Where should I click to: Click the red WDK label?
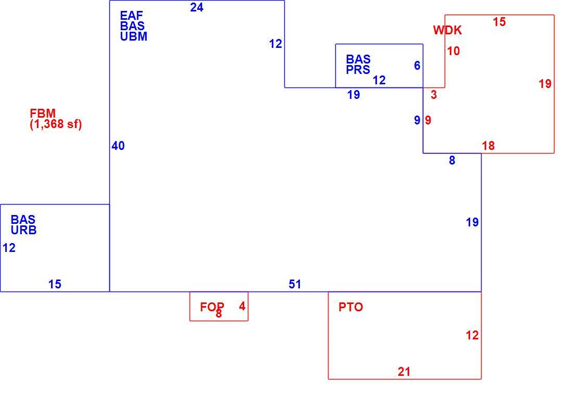coord(448,30)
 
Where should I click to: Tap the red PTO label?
coord(351,307)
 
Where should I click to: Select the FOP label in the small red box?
coord(212,307)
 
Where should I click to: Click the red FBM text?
coord(43,113)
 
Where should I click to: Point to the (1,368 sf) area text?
coord(56,124)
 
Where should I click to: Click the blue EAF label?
coord(131,16)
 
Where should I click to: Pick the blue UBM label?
coord(133,36)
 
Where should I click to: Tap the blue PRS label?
coord(358,70)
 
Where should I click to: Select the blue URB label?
coord(23,230)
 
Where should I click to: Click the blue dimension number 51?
coord(295,284)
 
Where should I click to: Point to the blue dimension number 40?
coord(118,146)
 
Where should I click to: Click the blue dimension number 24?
coord(197,7)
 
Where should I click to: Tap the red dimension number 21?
coord(404,372)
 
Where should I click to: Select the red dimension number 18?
coord(488,146)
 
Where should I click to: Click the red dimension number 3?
coord(434,95)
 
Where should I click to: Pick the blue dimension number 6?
coord(417,66)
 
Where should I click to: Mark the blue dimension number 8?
coord(452,160)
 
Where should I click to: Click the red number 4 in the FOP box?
coord(242,306)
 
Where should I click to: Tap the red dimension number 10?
coord(453,51)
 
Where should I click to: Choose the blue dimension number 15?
coord(55,284)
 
